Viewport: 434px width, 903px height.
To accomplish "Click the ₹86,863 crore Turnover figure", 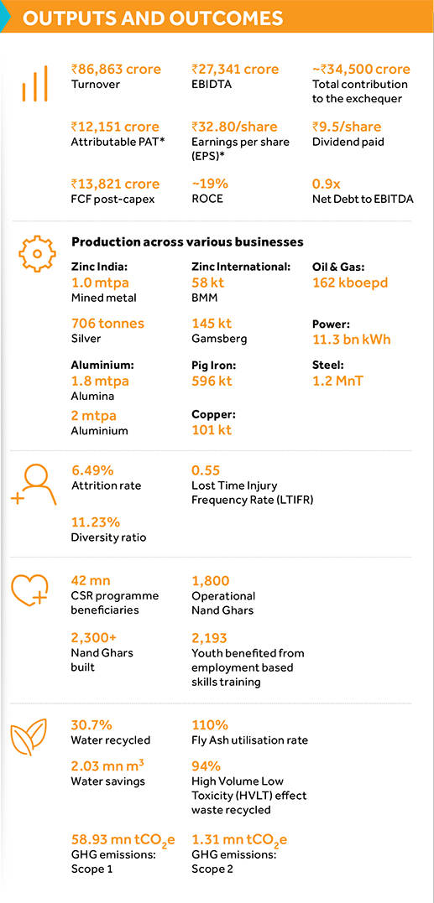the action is click(x=116, y=69).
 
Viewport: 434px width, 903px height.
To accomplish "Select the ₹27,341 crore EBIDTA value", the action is click(x=235, y=69).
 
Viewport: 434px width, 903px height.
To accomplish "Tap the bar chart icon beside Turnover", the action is click(x=34, y=86).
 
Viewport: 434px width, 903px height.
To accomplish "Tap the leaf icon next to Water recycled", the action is click(x=31, y=739).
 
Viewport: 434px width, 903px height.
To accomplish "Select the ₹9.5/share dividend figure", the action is click(x=347, y=127).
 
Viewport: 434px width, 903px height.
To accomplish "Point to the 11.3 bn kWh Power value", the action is click(x=351, y=340).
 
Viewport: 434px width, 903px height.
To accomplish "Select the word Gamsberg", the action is click(x=219, y=339).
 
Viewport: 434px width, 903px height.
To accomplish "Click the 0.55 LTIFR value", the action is click(x=206, y=470).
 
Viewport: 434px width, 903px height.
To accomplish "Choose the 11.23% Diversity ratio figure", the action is click(x=96, y=522).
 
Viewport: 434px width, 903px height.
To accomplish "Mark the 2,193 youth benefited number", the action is click(x=211, y=638).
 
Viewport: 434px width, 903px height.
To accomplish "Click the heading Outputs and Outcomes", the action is click(x=153, y=18).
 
